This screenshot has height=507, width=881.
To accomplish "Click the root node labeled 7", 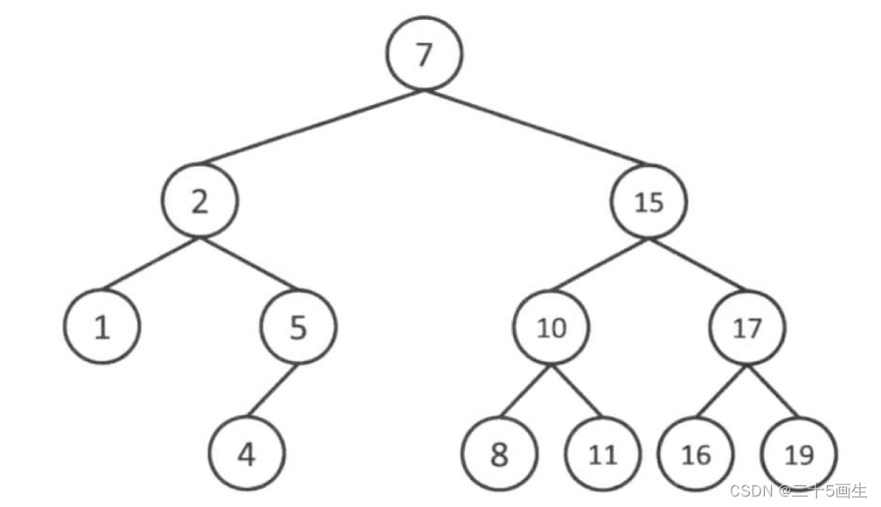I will coord(424,53).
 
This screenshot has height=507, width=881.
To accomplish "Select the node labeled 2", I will coord(199,202).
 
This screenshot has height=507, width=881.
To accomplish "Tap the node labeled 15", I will coord(649,202).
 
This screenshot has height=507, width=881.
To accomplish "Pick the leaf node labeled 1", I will coord(102,328).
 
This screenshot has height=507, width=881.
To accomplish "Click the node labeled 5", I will coord(298,328).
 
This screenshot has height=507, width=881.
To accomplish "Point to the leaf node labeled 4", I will coord(247,455).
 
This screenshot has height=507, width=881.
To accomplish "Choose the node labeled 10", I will coord(551,328).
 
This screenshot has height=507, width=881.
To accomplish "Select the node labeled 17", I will coord(747,328).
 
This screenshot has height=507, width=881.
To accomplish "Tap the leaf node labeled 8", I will coord(499,455).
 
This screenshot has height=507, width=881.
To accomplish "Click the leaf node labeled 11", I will coord(602,455).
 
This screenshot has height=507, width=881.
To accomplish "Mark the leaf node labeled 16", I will coord(697,455).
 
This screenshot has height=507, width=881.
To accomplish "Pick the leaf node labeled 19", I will coord(799,455).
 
